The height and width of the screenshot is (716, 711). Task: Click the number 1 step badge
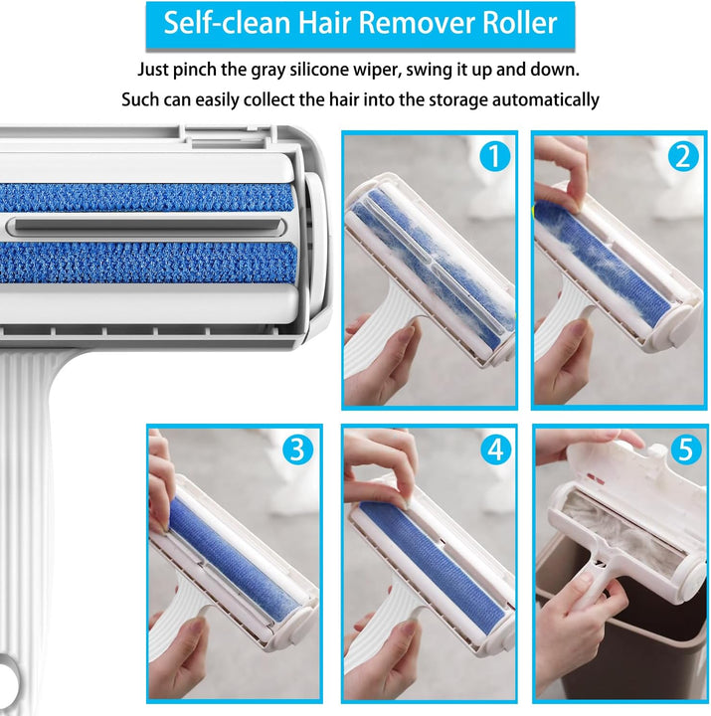pos(495,157)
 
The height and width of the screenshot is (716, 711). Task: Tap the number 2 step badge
pos(683,157)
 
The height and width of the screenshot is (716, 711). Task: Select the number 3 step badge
pos(297,449)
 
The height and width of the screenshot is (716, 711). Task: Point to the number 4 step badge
pos(496,449)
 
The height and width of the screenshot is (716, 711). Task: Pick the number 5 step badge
pos(686,449)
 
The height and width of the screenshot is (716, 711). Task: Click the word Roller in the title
pos(520,23)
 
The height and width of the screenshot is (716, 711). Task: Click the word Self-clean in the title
pos(227,23)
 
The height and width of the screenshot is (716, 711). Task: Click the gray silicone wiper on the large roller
pos(146,226)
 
